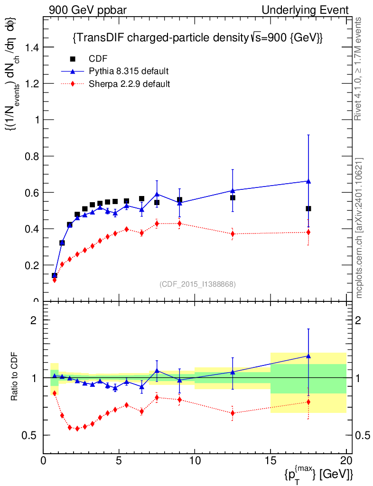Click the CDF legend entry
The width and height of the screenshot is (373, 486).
(x=98, y=59)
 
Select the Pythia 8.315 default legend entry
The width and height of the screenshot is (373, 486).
(x=129, y=71)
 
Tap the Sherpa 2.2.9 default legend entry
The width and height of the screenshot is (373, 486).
(x=130, y=84)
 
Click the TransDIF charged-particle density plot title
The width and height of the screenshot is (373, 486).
(x=197, y=38)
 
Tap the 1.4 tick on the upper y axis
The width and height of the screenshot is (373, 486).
(x=32, y=47)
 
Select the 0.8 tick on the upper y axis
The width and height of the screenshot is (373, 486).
(x=32, y=156)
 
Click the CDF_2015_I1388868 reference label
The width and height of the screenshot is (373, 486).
(x=197, y=284)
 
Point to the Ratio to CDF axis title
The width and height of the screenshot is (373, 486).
(x=16, y=378)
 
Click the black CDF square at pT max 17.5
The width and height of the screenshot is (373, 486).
(x=308, y=208)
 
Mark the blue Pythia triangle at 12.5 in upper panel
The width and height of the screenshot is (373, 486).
(x=233, y=190)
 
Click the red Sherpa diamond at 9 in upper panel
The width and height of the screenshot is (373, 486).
(x=179, y=223)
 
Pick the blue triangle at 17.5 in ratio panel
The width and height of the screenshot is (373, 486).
(x=308, y=355)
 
